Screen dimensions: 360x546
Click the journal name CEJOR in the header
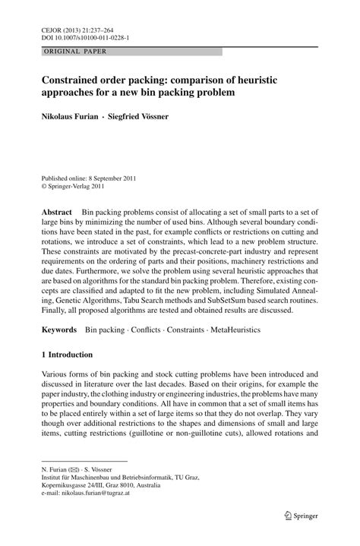click(50, 27)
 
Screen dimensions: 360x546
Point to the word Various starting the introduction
click(55, 375)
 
